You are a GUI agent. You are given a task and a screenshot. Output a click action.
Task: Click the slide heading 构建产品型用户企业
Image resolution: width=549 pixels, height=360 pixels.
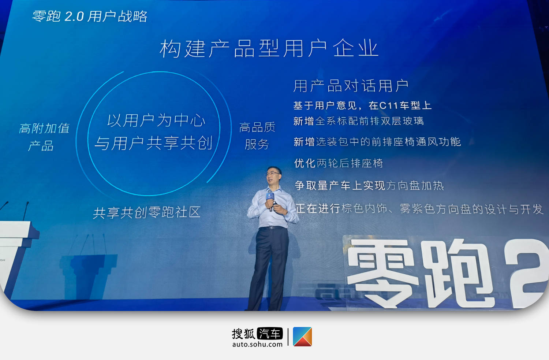(x=269, y=48)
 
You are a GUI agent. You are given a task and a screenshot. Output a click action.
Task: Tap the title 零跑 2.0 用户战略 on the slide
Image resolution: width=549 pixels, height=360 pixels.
(x=90, y=16)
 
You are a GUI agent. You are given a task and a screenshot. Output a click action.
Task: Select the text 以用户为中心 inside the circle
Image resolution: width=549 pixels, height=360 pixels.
(x=156, y=120)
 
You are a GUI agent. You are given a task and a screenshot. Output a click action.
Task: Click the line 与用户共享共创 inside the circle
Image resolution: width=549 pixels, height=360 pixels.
(x=153, y=143)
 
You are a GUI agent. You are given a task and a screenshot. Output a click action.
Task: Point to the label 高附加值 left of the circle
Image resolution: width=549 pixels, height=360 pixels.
(x=44, y=128)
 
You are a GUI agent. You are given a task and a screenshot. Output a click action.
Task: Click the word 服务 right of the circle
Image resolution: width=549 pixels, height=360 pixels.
(x=257, y=144)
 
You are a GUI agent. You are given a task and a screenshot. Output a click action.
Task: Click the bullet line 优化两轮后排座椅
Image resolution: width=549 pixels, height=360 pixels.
(x=339, y=163)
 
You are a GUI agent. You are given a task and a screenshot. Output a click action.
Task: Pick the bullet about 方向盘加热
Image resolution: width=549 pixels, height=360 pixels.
(x=369, y=186)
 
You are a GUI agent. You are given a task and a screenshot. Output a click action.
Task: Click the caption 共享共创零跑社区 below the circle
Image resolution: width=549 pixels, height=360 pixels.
(x=147, y=212)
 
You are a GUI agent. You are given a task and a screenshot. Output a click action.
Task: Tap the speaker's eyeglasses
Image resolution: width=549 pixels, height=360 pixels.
(x=272, y=174)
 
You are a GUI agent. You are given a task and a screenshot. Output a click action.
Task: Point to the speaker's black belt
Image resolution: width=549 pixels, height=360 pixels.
(x=273, y=228)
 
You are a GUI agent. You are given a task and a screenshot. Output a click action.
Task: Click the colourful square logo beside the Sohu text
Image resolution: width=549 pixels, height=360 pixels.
(x=302, y=337)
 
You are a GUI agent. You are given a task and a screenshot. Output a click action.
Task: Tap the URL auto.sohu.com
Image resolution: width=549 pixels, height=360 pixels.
(x=257, y=344)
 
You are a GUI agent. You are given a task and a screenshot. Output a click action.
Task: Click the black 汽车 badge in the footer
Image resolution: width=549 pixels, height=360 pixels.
(x=270, y=334)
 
